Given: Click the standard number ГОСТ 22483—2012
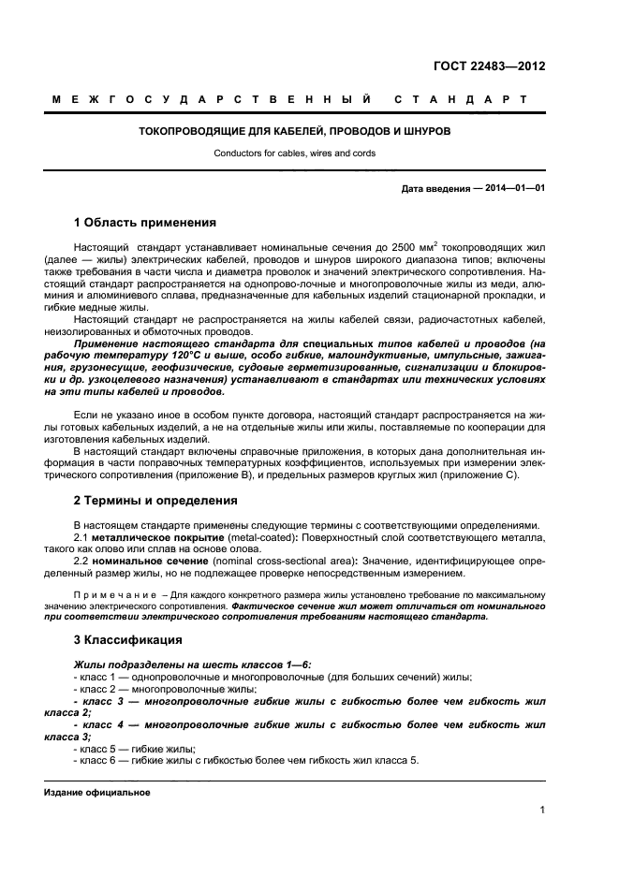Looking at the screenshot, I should (x=489, y=66).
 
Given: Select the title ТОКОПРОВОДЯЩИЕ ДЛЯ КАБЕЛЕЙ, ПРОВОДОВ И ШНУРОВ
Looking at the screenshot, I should (x=294, y=132).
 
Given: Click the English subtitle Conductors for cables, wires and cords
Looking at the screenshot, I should (x=294, y=153).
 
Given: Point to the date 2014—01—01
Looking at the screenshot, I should (x=512, y=189).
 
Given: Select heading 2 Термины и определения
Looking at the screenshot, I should (x=155, y=501).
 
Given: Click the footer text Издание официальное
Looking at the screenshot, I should (x=97, y=793).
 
